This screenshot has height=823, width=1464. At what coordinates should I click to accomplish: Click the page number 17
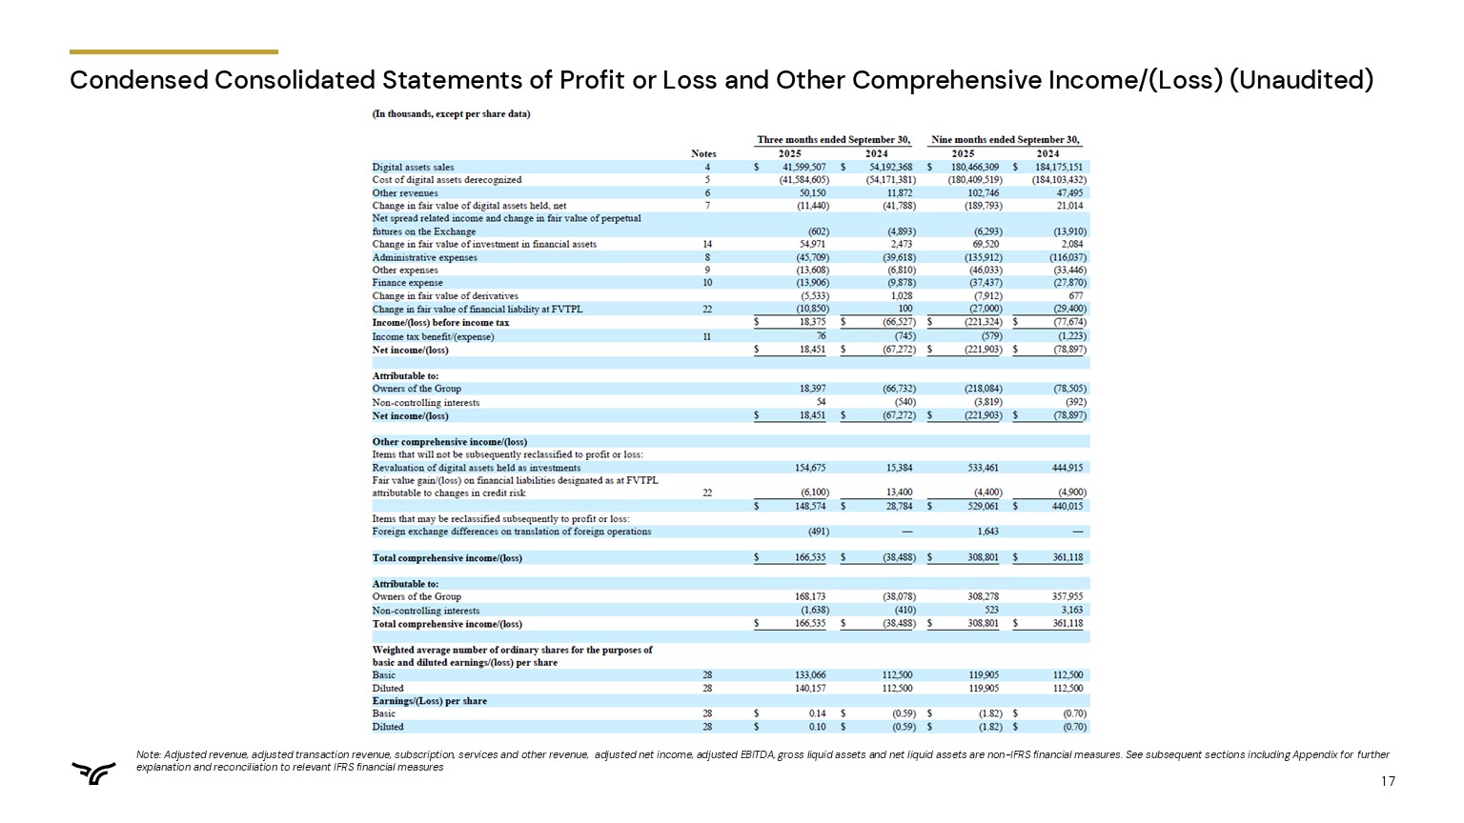pyautogui.click(x=1388, y=782)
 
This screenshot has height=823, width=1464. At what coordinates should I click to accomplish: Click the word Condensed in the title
pyautogui.click(x=138, y=80)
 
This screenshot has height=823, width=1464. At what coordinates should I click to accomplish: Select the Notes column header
pyautogui.click(x=703, y=153)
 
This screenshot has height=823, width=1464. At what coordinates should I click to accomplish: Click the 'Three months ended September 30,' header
pyautogui.click(x=833, y=140)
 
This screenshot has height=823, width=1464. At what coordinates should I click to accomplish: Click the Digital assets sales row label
pyautogui.click(x=413, y=167)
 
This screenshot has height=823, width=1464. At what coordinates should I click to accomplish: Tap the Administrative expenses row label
pyautogui.click(x=424, y=257)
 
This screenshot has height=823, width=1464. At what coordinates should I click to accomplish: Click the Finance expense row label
pyautogui.click(x=407, y=283)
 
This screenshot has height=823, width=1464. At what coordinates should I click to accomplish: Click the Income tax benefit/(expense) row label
pyautogui.click(x=433, y=336)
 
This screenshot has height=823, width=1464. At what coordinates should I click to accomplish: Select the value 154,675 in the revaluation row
pyautogui.click(x=810, y=468)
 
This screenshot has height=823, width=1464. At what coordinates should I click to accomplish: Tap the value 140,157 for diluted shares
pyautogui.click(x=810, y=688)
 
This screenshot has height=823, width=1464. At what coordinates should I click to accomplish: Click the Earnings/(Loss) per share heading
pyautogui.click(x=429, y=701)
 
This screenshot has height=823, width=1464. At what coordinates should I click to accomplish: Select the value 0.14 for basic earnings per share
pyautogui.click(x=817, y=713)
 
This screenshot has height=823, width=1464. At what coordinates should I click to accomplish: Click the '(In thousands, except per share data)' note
pyautogui.click(x=451, y=114)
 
